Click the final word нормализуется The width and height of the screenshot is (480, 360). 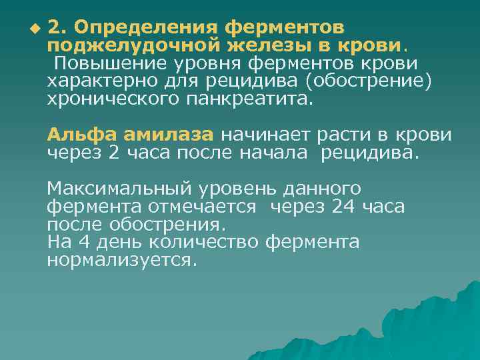[x=122, y=260]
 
